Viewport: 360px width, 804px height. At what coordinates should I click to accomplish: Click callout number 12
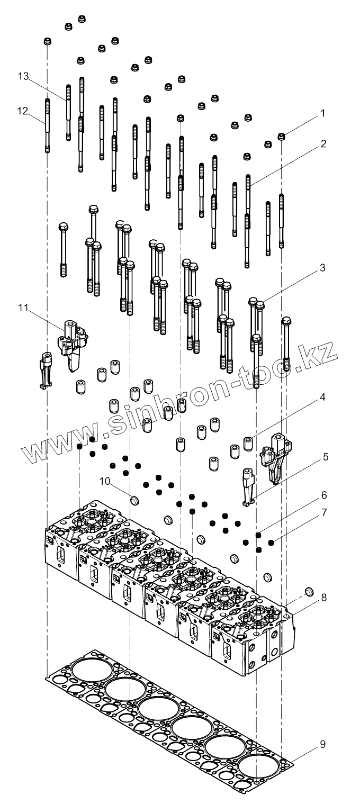(x=22, y=111)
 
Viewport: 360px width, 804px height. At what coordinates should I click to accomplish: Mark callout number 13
(x=22, y=77)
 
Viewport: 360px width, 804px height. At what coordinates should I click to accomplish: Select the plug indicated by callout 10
(x=134, y=499)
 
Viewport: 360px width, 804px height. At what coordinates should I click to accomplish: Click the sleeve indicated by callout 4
(x=247, y=441)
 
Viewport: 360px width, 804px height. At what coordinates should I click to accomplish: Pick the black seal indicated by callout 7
(x=271, y=542)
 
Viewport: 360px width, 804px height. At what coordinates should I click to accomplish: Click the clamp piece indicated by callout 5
(x=248, y=486)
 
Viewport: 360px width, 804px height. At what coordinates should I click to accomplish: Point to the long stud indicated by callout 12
(x=47, y=124)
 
